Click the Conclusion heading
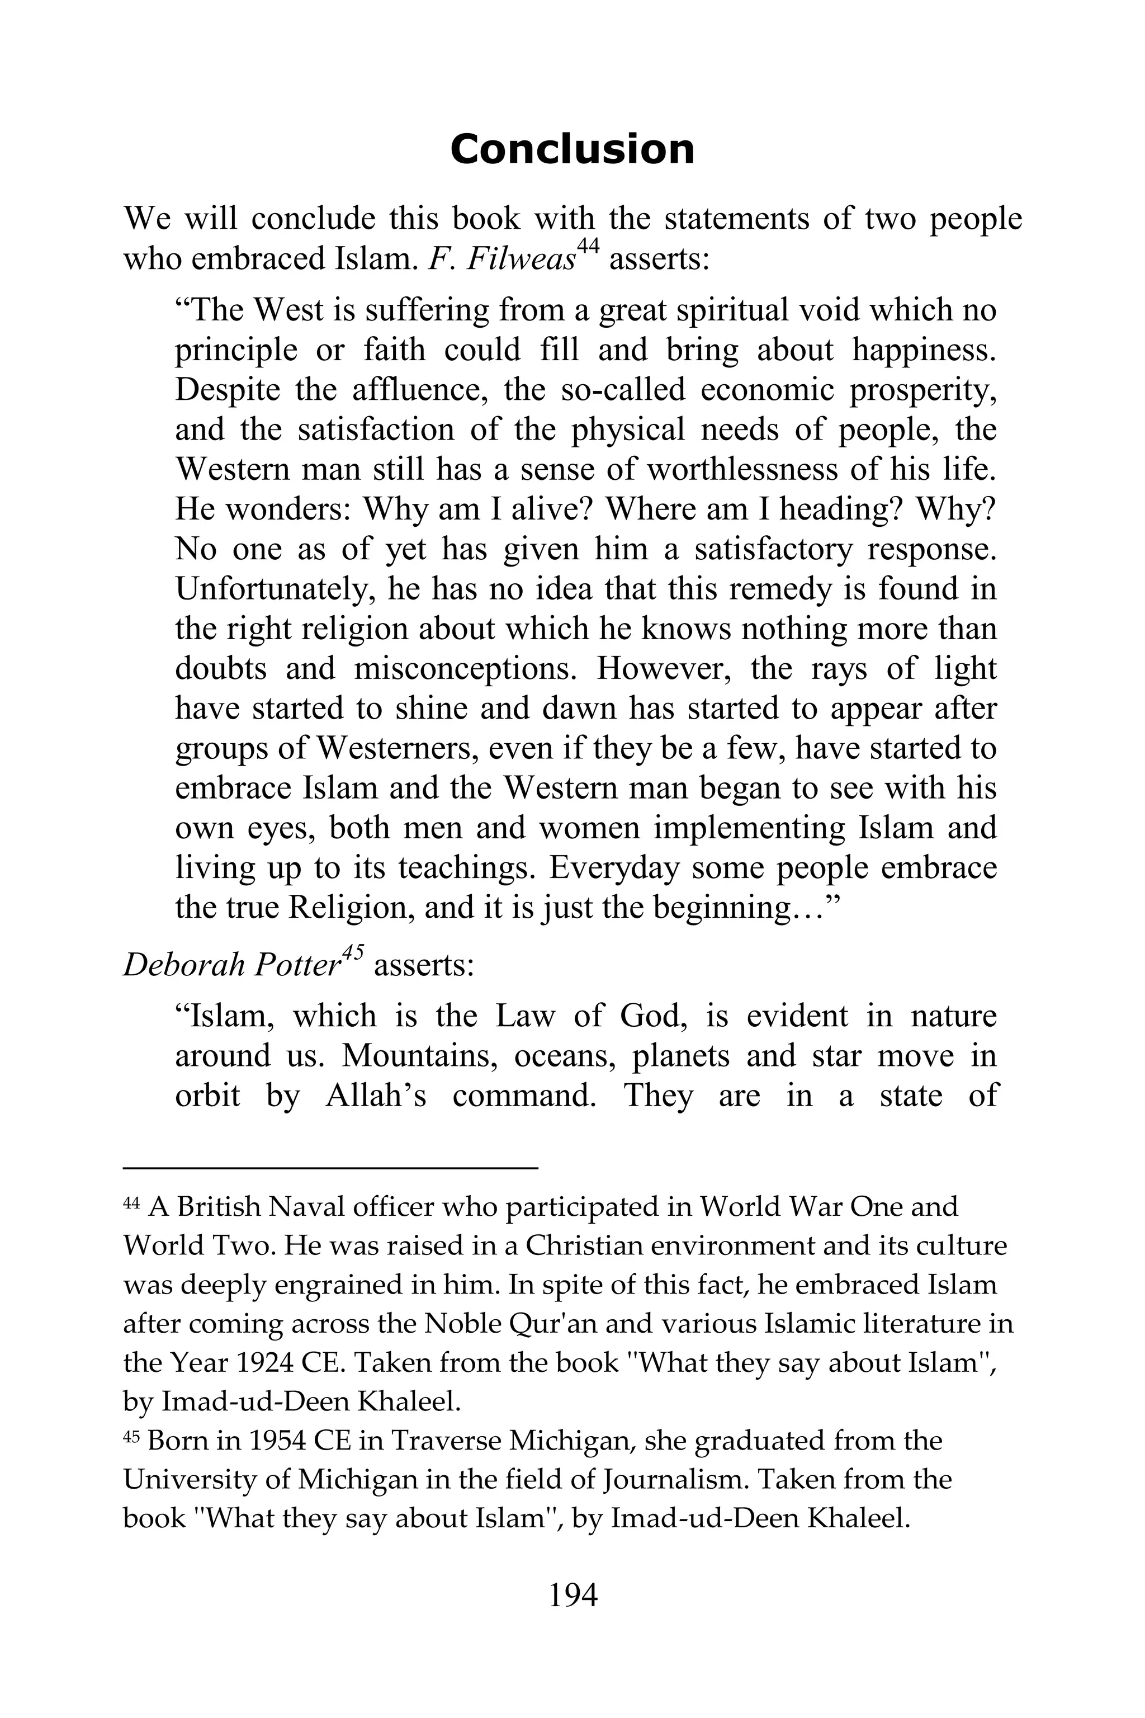[x=572, y=150]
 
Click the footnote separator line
[x=330, y=1169]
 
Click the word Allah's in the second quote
[x=375, y=1096]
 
